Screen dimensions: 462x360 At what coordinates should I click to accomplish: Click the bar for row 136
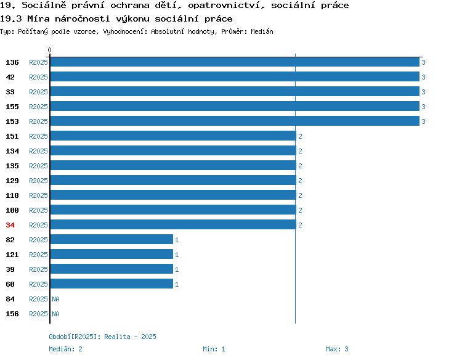235,62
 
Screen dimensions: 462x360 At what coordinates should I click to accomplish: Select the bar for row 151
173,136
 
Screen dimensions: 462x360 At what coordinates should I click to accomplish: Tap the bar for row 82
111,239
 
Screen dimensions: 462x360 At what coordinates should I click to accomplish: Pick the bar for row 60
111,284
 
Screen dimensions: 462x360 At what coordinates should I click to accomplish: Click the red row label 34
10,225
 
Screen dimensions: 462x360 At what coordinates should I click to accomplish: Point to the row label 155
12,107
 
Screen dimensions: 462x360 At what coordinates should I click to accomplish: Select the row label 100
12,211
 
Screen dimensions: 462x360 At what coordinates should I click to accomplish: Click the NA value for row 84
55,299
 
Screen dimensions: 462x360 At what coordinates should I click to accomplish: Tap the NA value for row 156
55,314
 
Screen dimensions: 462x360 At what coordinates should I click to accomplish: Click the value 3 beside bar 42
423,77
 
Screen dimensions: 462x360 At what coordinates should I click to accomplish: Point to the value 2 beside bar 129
300,181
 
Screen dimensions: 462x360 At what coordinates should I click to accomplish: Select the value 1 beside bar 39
177,269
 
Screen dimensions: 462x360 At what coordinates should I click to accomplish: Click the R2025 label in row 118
38,195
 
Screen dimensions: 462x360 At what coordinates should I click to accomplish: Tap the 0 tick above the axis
49,50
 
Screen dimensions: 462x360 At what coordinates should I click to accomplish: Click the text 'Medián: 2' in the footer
65,349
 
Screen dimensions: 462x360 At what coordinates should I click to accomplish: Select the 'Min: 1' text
214,349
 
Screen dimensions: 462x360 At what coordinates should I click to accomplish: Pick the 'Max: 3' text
337,349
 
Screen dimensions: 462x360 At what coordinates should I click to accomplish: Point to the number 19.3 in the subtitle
11,19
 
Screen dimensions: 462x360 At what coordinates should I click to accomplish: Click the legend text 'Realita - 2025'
130,337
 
